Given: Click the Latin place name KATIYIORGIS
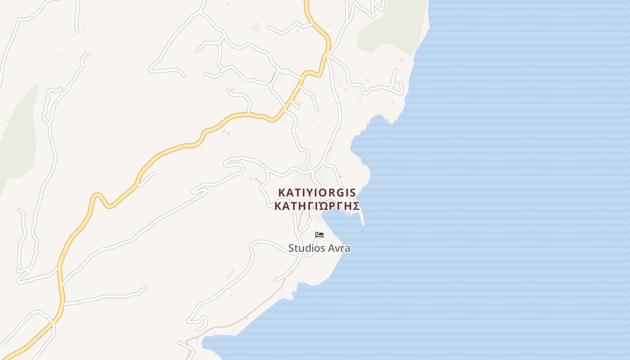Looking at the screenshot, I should point(317,193).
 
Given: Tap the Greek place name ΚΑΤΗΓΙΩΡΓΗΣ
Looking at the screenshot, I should point(317,206).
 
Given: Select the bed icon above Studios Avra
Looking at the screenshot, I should point(319,235).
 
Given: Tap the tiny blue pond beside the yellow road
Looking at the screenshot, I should point(228,134).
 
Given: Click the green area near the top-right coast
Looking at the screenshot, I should point(389,27).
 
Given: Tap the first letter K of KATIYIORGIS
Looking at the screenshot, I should point(281,193).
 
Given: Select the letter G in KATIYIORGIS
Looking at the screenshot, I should point(341,193).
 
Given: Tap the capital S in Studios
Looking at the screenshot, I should point(291,248).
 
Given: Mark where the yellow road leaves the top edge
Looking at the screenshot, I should point(306,2).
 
